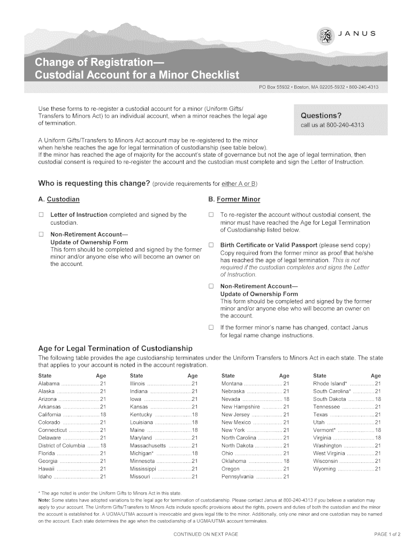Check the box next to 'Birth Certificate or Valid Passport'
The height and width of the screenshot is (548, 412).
click(x=210, y=246)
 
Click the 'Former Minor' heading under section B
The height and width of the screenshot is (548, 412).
click(x=240, y=200)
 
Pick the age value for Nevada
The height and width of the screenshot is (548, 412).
click(x=286, y=400)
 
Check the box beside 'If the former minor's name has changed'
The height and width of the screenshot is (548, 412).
click(x=210, y=328)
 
